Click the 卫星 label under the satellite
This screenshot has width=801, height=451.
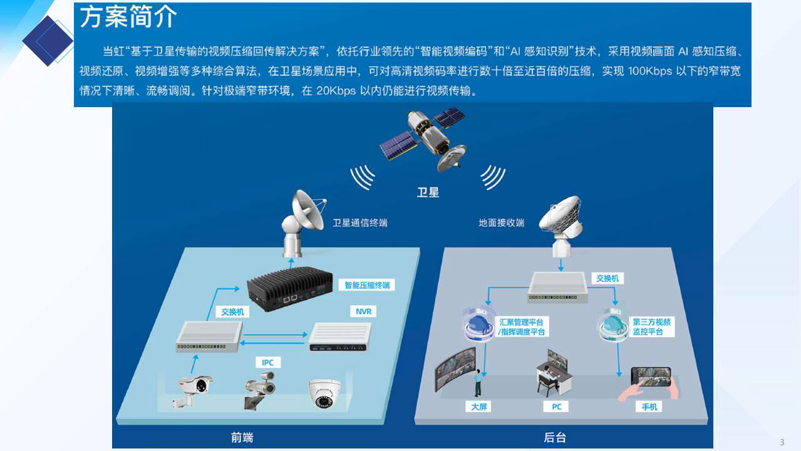point(428,192)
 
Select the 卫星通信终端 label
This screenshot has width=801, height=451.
point(359,223)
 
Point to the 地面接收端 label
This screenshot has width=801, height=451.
point(502,223)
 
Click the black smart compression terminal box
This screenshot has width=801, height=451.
point(289,288)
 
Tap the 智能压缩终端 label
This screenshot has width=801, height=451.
point(366,285)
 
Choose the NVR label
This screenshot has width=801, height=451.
point(363,311)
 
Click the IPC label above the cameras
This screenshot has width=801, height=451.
point(268,362)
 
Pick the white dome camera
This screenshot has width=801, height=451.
point(324,393)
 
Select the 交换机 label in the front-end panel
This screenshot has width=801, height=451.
point(232,312)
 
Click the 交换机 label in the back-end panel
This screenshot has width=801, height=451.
point(607,278)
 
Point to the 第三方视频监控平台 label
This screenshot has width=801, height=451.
point(651,326)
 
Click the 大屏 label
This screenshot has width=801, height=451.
point(478,407)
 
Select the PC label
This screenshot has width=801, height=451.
point(556,407)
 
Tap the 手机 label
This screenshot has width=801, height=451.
point(649,407)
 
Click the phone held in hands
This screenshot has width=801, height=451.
point(651,376)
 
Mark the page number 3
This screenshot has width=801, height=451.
point(782,442)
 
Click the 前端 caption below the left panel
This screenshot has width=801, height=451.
point(242,437)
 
